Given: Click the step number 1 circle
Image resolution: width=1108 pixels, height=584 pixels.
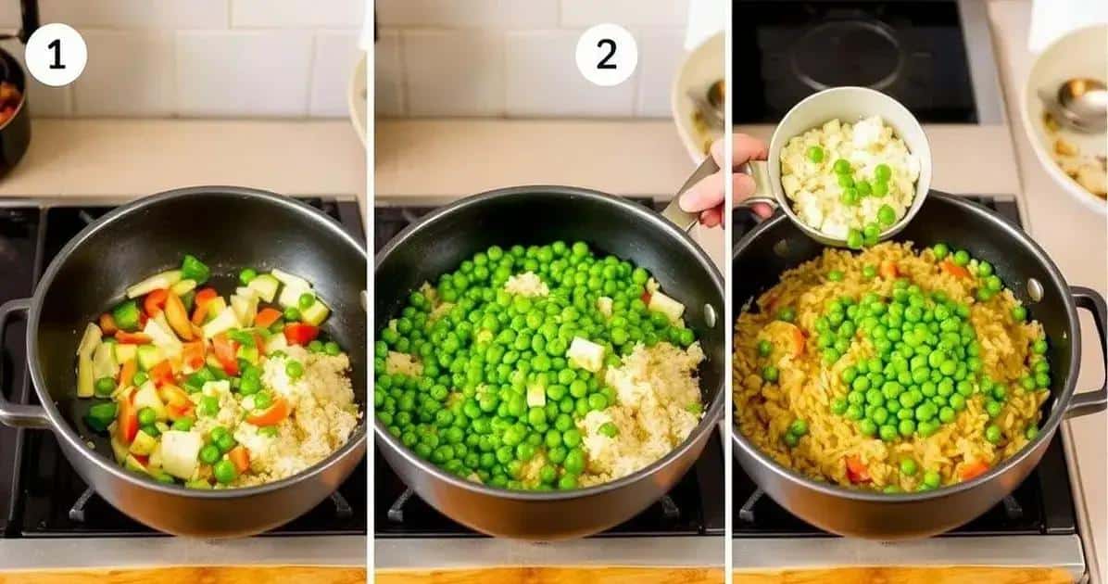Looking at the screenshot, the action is (x=56, y=55).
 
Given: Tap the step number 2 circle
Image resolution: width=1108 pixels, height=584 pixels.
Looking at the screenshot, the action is (x=606, y=55).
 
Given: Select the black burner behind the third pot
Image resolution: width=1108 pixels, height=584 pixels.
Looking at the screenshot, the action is (x=855, y=61).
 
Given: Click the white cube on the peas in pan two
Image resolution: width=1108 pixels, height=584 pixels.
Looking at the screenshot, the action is (x=585, y=353).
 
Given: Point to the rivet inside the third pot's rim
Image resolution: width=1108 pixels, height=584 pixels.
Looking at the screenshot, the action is (x=1035, y=289).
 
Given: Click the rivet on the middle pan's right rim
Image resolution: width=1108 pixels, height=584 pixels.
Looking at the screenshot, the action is (x=708, y=314).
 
